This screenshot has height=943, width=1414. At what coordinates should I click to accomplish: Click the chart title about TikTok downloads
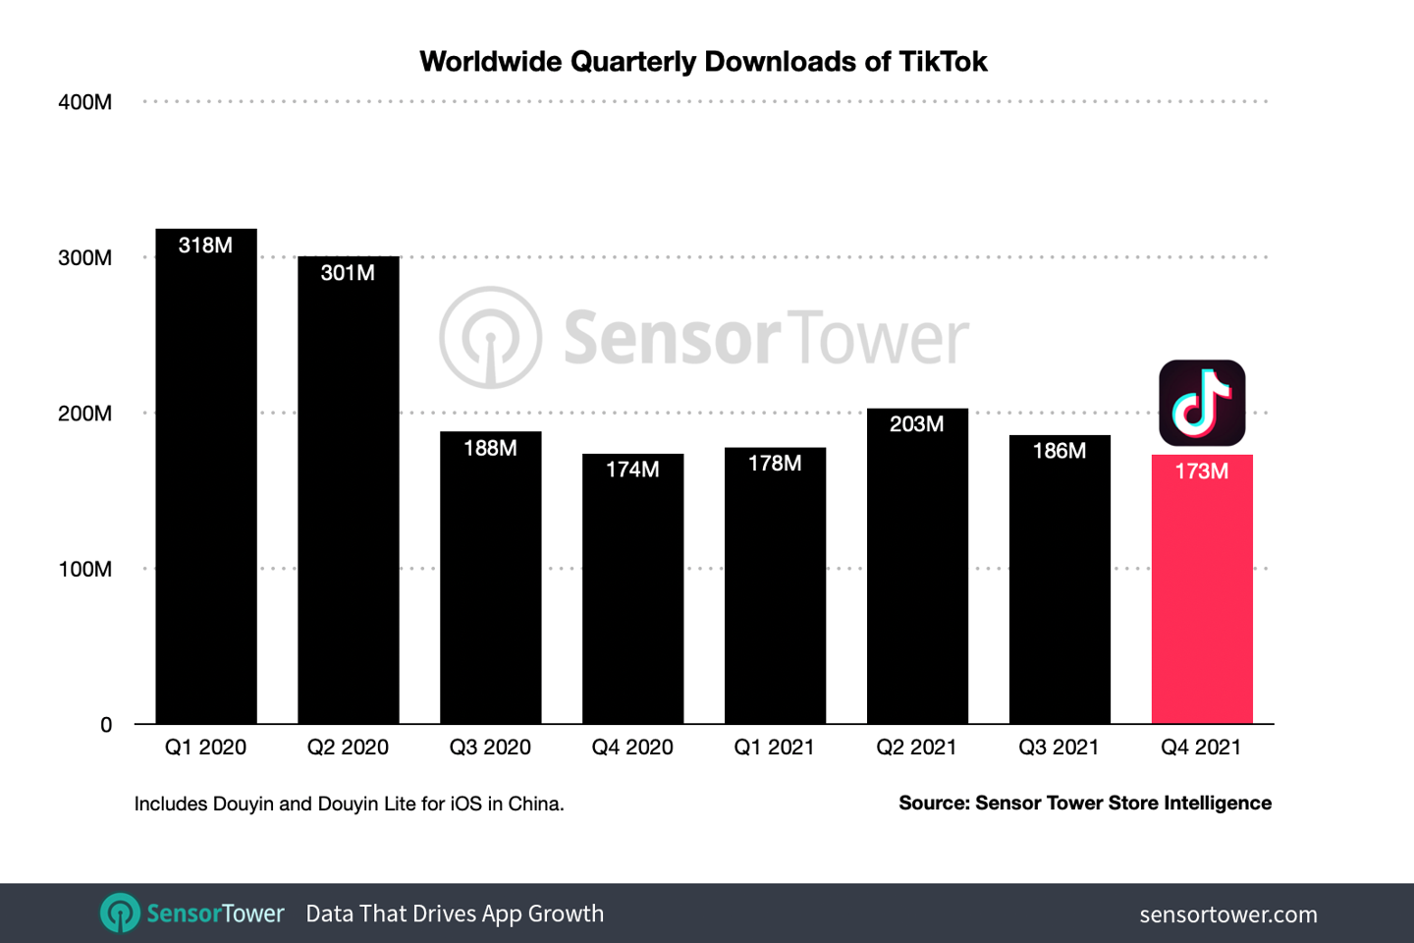(x=703, y=62)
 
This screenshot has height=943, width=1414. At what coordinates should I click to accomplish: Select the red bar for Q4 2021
(x=1202, y=599)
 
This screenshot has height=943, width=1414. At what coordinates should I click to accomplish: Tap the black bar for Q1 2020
(x=206, y=491)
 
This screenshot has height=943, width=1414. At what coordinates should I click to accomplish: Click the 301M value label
(x=348, y=273)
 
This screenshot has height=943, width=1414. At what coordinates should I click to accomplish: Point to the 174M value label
(x=632, y=470)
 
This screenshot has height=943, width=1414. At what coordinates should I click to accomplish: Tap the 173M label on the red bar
(x=1202, y=471)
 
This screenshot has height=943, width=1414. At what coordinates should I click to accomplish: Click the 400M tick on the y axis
(x=85, y=102)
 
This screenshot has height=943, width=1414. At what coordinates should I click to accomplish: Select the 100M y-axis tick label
(x=85, y=570)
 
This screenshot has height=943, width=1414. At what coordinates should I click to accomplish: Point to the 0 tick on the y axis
(x=106, y=725)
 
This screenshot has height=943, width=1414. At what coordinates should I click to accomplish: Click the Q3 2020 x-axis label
(x=490, y=748)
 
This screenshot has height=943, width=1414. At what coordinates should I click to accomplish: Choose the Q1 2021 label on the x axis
(x=775, y=748)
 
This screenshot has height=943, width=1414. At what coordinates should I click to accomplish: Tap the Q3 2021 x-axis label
(x=1059, y=748)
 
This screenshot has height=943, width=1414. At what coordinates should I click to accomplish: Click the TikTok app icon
(x=1202, y=403)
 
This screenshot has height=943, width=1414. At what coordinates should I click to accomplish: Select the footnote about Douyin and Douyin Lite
(x=349, y=804)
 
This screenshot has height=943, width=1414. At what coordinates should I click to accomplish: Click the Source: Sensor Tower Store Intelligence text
(x=1085, y=804)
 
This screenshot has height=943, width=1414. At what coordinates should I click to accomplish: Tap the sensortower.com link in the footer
(x=1228, y=915)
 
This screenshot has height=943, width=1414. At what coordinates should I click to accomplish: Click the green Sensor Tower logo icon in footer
(x=120, y=913)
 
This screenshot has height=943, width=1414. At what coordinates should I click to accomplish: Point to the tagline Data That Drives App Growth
(x=455, y=914)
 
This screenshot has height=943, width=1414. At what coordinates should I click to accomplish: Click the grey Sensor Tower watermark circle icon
(x=490, y=337)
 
